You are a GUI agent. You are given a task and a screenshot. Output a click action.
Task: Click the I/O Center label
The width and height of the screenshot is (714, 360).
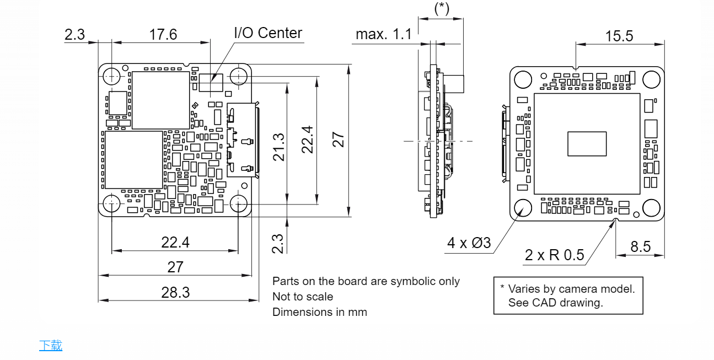click(x=268, y=33)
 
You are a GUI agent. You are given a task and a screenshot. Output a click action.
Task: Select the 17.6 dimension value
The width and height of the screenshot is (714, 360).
click(x=163, y=34)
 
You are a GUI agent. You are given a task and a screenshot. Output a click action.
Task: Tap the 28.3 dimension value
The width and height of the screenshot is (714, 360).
click(x=175, y=292)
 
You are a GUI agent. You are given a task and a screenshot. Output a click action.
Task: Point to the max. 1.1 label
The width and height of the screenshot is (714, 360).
click(x=384, y=34)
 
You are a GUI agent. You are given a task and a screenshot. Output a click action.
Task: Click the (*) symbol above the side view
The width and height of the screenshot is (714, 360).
click(x=442, y=8)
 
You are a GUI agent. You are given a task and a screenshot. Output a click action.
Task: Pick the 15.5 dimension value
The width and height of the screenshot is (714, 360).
click(x=619, y=36)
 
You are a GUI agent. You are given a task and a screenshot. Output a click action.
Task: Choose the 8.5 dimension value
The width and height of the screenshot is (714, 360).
click(x=641, y=246)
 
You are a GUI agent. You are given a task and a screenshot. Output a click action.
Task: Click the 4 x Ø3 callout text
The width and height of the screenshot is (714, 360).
click(x=469, y=243)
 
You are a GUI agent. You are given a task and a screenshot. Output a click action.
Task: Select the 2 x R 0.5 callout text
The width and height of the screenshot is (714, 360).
click(x=554, y=255)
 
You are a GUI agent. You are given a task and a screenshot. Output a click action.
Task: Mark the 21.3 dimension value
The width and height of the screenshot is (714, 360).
click(x=279, y=147)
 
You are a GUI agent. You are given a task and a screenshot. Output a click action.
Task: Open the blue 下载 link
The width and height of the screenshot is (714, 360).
click(x=51, y=346)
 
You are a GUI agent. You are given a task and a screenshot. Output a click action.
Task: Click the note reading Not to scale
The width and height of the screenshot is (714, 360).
click(x=303, y=297)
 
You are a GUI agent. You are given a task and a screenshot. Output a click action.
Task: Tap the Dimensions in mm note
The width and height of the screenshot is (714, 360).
click(x=320, y=312)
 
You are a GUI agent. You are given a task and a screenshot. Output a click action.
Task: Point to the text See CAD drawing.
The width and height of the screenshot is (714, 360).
click(x=556, y=303)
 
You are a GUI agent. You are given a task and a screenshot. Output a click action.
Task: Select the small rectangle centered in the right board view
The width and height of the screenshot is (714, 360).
click(x=587, y=143)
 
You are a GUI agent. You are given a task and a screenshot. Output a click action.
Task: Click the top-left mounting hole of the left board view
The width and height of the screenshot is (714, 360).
click(x=112, y=76)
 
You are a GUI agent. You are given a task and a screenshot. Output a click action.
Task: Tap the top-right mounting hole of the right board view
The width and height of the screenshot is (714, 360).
click(x=651, y=80)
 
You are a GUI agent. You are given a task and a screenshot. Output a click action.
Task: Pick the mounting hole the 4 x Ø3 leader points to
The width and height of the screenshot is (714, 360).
click(x=523, y=208)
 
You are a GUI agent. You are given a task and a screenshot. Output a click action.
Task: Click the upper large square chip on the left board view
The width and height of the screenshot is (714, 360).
click(x=160, y=100)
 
